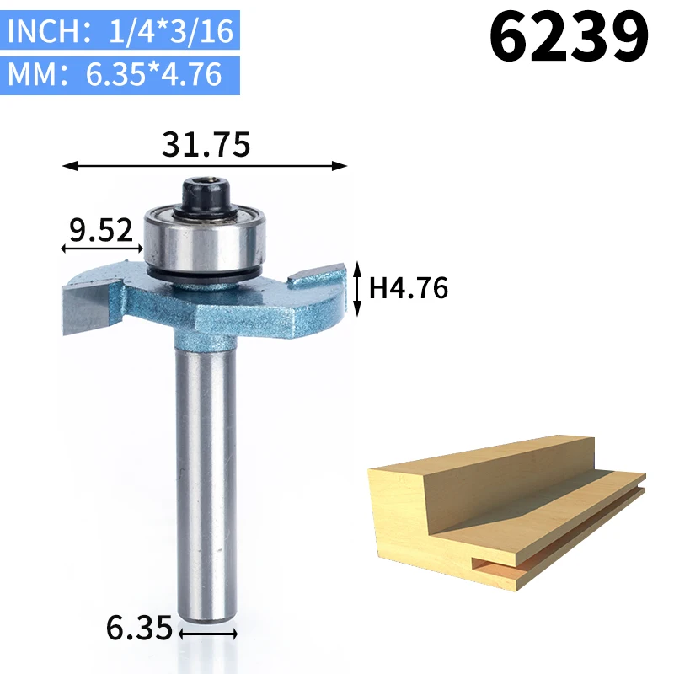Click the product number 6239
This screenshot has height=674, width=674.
coord(568,36)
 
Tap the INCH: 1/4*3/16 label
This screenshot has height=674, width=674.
coord(120,30)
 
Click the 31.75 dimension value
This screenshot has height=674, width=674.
coord(206,144)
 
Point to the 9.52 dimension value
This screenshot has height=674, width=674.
coord(101,230)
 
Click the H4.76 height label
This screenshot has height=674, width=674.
coord(409,287)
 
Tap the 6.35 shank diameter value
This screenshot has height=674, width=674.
coord(139,628)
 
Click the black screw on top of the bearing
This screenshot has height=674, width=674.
coord(206,195)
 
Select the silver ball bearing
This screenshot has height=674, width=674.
coord(205,243)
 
